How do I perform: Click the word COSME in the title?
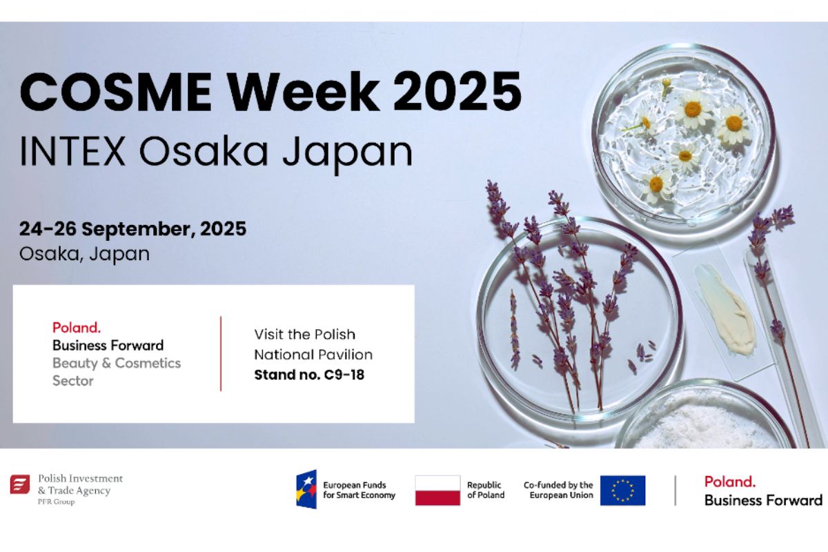[x=116, y=91]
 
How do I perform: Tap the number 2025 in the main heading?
[x=457, y=91]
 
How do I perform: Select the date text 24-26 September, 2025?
[x=132, y=229]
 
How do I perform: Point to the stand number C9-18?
[x=344, y=375]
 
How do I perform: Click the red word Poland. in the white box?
[x=77, y=328]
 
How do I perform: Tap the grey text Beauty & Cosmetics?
[x=117, y=363]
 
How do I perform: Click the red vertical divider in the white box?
[x=221, y=353]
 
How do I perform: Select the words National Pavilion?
[x=313, y=355]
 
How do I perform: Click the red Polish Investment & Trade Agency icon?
[x=20, y=484]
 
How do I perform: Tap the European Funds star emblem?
[x=306, y=489]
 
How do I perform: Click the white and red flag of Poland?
[x=437, y=491]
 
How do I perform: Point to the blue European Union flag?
[x=623, y=491]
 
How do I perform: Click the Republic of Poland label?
[x=486, y=490]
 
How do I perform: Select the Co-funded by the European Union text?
[x=558, y=490]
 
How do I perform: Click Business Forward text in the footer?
[x=763, y=500]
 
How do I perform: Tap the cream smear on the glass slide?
[x=724, y=308]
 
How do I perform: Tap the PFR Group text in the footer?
[x=56, y=502]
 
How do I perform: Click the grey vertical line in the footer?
[x=676, y=491]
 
